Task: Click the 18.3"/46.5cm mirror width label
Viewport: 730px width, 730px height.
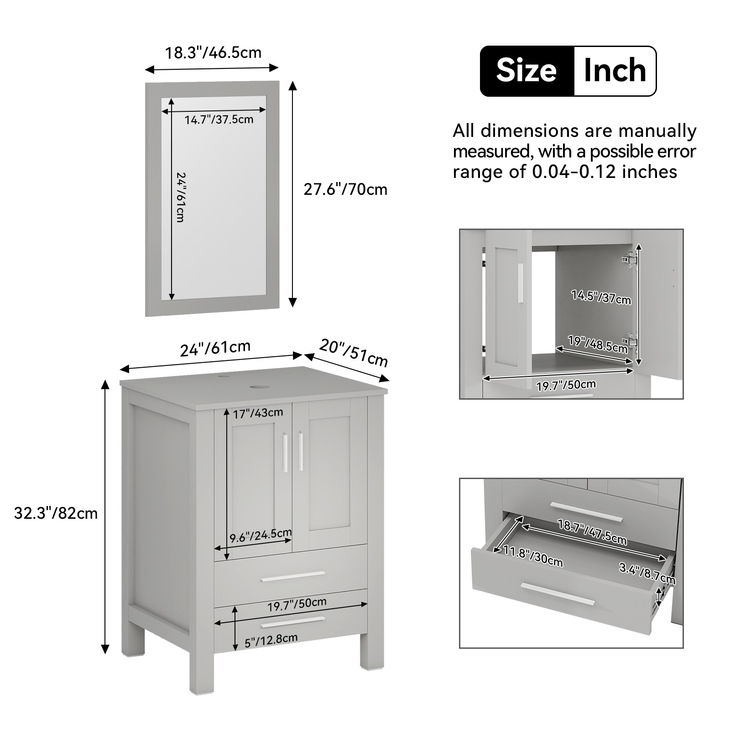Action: (213, 52)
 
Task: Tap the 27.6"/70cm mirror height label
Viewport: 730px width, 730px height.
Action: (345, 189)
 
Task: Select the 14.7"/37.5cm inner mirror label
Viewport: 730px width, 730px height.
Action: (219, 120)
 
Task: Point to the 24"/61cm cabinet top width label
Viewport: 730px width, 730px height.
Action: (215, 349)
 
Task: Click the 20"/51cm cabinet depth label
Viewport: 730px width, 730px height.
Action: (354, 352)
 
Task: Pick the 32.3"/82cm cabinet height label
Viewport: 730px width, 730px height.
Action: (56, 513)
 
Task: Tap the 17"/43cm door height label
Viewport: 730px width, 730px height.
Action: (258, 413)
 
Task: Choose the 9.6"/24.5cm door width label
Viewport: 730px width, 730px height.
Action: (261, 535)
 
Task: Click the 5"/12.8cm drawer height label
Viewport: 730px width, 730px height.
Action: (271, 641)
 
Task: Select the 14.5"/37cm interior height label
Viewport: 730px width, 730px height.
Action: (601, 297)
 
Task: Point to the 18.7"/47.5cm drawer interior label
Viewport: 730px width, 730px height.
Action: (592, 532)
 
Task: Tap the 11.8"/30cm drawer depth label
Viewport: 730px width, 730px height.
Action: (533, 556)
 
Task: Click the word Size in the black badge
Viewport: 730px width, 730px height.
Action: (527, 71)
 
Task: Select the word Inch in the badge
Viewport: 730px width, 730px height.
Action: (615, 71)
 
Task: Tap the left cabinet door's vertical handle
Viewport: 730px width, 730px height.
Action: (285, 453)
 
